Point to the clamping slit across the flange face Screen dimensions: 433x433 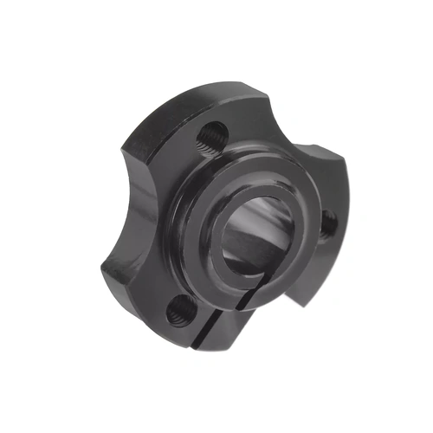tap(227, 322)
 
